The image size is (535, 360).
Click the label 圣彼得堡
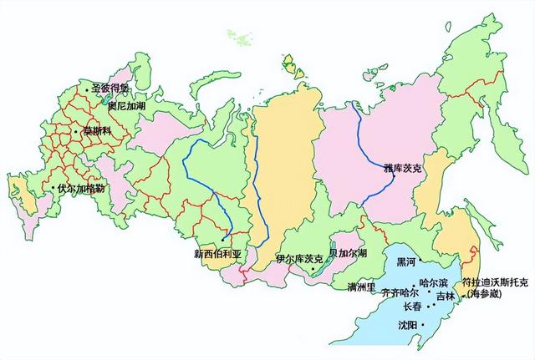point(110,88)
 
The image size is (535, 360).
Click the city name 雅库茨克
point(404,167)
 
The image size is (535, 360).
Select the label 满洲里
point(364,287)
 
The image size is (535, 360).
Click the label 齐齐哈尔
point(400,293)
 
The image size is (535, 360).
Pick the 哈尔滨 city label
point(435,283)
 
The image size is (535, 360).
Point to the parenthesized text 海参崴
point(487,295)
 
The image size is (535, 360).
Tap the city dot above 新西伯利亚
point(223,240)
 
